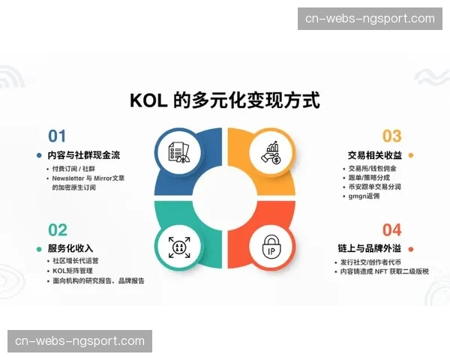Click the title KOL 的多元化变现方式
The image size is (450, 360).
click(225, 100)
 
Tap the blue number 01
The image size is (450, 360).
click(57, 136)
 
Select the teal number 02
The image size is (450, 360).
click(58, 229)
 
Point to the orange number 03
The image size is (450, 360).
click(392, 136)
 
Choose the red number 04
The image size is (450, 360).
click(392, 229)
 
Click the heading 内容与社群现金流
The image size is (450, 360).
click(83, 155)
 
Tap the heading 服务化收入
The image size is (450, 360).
click(70, 248)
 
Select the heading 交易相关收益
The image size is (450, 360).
click(375, 155)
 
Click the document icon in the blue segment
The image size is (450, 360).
click(178, 152)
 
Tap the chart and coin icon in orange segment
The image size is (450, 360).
click(271, 152)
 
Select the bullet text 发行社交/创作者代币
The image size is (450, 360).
click(370, 262)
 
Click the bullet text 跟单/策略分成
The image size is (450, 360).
click(367, 178)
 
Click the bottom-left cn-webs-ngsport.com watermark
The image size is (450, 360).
click(80, 341)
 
